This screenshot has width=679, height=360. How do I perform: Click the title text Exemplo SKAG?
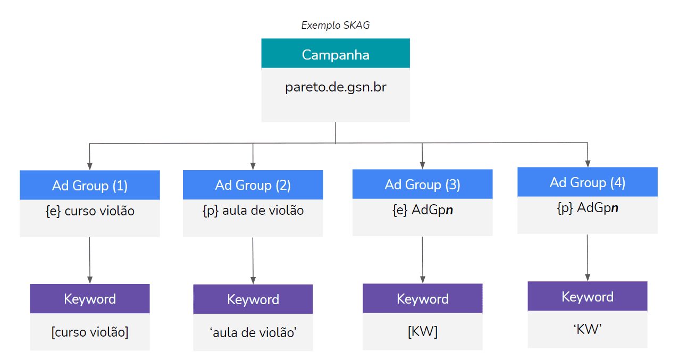(x=336, y=25)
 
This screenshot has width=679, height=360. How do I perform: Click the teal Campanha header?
(x=336, y=53)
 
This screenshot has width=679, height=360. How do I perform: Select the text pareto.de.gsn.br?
(x=336, y=87)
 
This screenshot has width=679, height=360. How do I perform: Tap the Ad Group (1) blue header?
(x=90, y=185)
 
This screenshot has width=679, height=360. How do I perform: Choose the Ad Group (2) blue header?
(x=253, y=185)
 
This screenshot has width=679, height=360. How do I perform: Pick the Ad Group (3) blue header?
(x=423, y=184)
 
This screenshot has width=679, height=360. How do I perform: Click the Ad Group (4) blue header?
(x=588, y=182)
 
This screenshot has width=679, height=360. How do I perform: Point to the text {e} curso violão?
(x=90, y=211)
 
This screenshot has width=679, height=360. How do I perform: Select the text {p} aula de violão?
(x=253, y=210)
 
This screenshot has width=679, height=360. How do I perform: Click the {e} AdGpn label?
(x=423, y=210)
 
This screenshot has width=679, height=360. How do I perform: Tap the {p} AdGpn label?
(x=588, y=208)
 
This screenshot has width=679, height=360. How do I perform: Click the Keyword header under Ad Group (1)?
(x=90, y=298)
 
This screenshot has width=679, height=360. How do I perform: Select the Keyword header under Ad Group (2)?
(x=253, y=299)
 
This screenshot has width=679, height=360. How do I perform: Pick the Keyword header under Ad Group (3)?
(x=423, y=298)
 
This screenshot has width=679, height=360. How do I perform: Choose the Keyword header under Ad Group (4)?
(x=588, y=296)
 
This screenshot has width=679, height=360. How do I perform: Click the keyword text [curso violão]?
(x=90, y=332)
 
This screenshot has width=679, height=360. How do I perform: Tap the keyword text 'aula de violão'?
(x=253, y=332)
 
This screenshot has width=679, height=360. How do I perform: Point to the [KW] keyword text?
(x=423, y=331)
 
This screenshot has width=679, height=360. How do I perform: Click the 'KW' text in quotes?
(x=588, y=329)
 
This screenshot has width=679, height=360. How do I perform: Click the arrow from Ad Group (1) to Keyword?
(x=90, y=261)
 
